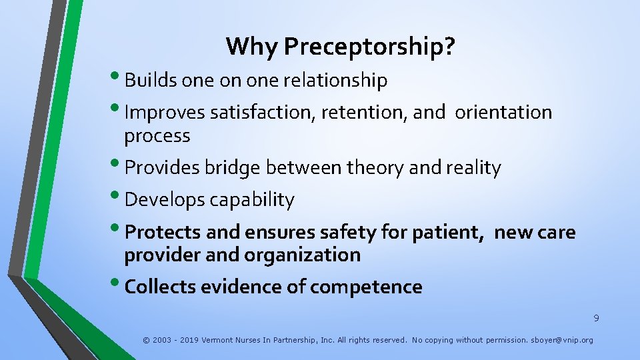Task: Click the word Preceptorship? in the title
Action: [x=369, y=47]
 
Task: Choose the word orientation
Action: [x=503, y=113]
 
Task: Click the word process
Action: [x=157, y=136]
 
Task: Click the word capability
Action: [x=253, y=200]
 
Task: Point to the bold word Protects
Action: [x=163, y=232]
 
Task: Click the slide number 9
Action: [x=596, y=319]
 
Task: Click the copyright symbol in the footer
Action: [x=146, y=340]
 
